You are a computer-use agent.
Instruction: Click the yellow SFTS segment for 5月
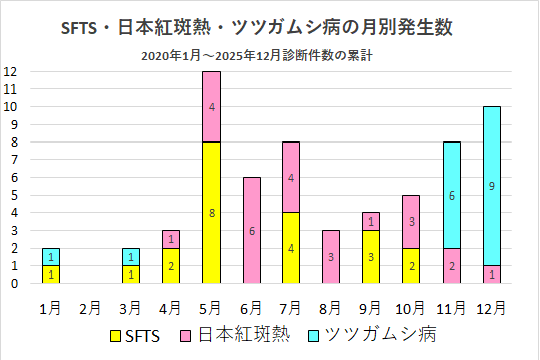212,213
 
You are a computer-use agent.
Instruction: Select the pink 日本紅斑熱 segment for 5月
212,107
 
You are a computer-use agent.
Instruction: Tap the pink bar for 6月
252,230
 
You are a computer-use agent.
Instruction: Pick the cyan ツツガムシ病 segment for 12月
492,186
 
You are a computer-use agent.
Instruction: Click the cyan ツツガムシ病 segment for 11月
452,195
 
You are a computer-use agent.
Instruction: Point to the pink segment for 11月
452,265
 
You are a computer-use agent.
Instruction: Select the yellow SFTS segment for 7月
292,248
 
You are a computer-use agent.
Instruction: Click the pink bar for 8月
332,257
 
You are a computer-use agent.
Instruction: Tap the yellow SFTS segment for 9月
372,257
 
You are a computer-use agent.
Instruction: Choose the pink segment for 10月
412,222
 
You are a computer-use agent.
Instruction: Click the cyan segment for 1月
52,256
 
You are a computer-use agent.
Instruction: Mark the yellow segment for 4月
172,265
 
